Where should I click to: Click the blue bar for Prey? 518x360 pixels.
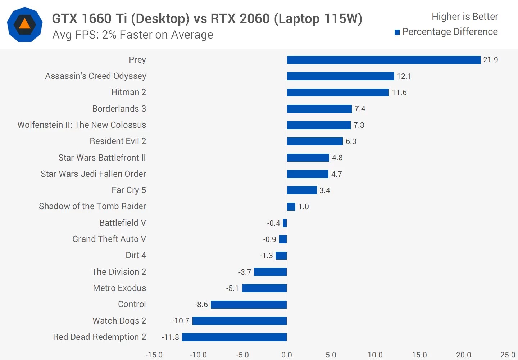(383, 60)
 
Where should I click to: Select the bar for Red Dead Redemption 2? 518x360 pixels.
(234, 337)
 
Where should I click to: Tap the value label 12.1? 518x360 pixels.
(404, 76)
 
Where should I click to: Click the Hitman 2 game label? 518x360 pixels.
(128, 92)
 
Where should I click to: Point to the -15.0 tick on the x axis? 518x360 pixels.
(154, 355)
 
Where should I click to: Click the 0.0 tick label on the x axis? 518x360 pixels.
(287, 355)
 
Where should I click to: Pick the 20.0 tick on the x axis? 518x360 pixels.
(463, 355)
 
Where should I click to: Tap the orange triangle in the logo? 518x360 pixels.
(24, 24)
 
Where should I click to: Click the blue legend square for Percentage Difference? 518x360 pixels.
(397, 32)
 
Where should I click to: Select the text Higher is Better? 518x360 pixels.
(465, 17)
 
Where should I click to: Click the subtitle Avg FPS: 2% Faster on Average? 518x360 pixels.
(132, 35)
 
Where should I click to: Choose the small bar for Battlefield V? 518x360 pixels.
(285, 223)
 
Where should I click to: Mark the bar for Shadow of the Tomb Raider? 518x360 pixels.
(291, 207)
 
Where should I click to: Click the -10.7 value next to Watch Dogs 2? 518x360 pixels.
(181, 321)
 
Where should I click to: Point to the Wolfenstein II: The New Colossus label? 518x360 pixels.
(82, 125)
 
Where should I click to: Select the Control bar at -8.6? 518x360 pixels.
(249, 305)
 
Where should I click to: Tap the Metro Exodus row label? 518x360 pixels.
(119, 288)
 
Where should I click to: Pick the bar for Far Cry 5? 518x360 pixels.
(302, 190)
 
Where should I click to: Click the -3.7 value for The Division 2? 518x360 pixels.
(245, 272)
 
